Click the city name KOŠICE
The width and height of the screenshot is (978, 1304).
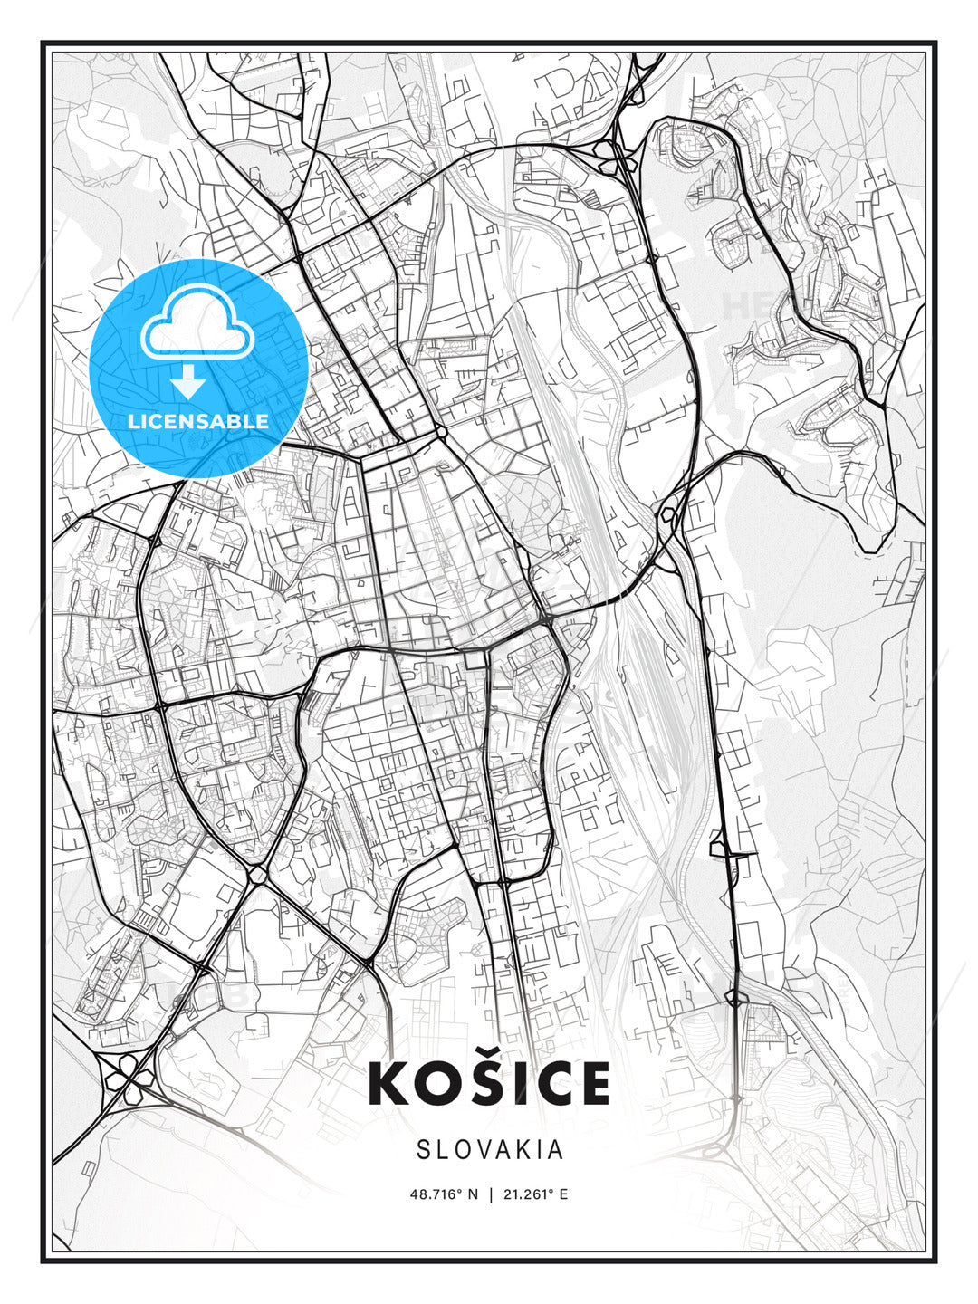pos(489,1084)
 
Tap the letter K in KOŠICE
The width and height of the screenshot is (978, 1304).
pos(391,1084)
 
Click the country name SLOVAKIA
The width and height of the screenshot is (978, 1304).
pos(490,1150)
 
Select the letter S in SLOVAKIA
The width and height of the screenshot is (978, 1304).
pos(424,1150)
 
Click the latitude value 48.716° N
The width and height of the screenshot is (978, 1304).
pos(444,1194)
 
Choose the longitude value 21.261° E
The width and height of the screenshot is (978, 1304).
pos(535,1194)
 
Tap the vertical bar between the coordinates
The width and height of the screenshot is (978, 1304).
pos(490,1194)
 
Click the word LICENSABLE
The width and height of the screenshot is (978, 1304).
pos(198,421)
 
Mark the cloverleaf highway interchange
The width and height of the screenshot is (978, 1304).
pos(125,1075)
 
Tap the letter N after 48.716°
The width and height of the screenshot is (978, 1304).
pos(473,1194)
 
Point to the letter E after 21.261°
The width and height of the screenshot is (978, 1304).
pos(563,1194)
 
